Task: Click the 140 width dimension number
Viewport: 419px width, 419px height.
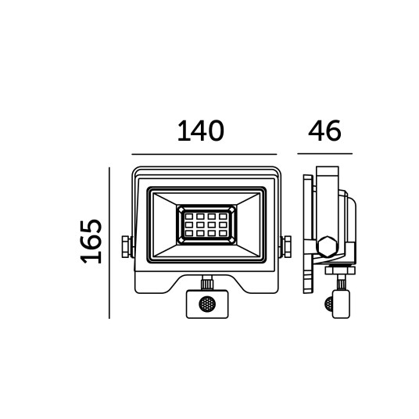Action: pyautogui.click(x=201, y=131)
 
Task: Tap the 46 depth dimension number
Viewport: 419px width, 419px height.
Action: pyautogui.click(x=324, y=131)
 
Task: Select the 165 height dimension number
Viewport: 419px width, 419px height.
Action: pyautogui.click(x=91, y=242)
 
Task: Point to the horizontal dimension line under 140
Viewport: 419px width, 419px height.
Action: pyautogui.click(x=204, y=154)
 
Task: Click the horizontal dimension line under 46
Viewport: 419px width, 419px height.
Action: pyautogui.click(x=324, y=154)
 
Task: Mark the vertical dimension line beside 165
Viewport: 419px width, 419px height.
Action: pyautogui.click(x=109, y=243)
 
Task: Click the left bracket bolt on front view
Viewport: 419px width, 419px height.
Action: pyautogui.click(x=126, y=247)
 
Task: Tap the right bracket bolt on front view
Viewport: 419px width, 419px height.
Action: pyautogui.click(x=287, y=247)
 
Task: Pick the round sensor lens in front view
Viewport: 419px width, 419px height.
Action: pyautogui.click(x=207, y=304)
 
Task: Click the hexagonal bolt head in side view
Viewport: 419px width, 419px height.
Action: pyautogui.click(x=328, y=247)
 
